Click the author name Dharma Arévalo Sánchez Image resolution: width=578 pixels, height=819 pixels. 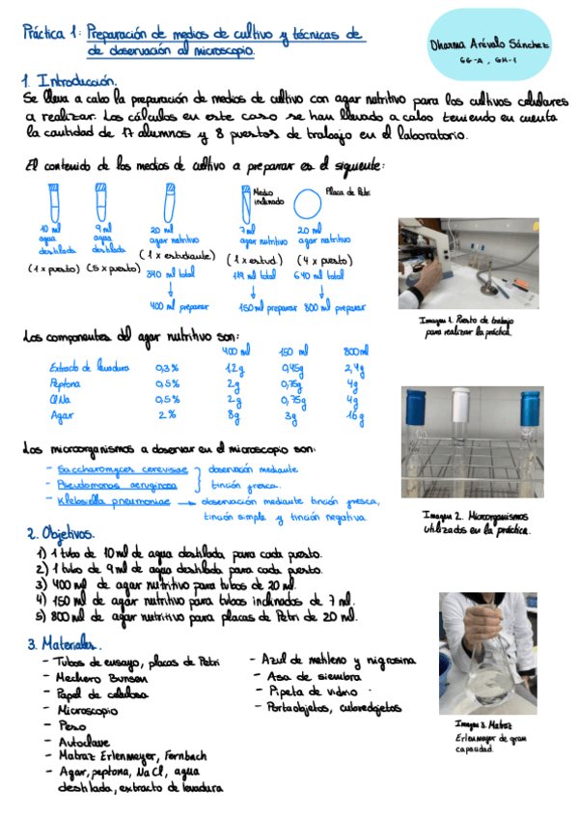point(488,45)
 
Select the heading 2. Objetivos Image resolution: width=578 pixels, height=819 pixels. point(61,533)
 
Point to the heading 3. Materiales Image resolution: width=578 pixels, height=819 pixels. point(66,643)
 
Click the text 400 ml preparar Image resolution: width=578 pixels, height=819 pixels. point(179,306)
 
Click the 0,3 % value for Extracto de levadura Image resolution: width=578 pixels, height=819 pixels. point(167,368)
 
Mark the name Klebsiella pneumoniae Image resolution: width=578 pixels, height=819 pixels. point(109,500)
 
